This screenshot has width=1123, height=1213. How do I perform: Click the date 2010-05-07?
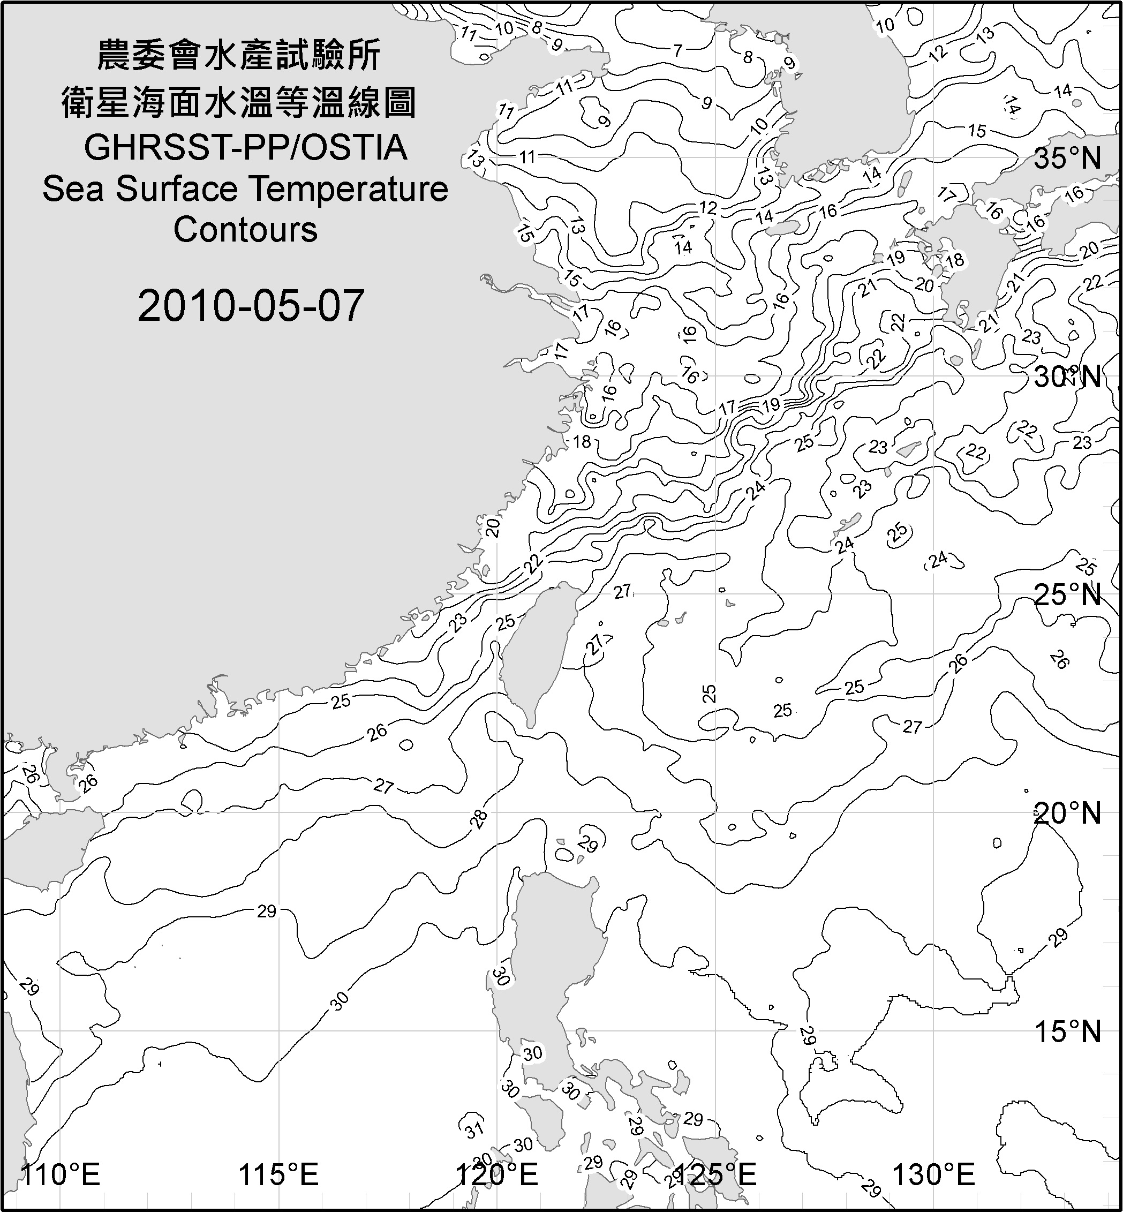click(x=251, y=306)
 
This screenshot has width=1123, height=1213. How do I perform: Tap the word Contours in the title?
click(x=245, y=230)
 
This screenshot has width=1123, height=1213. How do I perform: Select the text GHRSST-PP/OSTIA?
click(x=245, y=148)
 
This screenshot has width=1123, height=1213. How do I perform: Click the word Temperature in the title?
click(x=349, y=189)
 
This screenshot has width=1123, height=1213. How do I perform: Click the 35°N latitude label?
click(x=1068, y=159)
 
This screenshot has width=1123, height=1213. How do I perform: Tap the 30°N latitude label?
click(x=1068, y=378)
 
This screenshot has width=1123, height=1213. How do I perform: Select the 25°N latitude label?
click(x=1068, y=594)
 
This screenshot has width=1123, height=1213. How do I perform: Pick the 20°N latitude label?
click(x=1068, y=813)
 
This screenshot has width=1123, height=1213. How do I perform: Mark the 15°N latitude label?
click(x=1068, y=1031)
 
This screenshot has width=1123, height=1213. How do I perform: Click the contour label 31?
click(x=474, y=1128)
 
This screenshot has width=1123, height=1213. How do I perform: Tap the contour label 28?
click(x=479, y=819)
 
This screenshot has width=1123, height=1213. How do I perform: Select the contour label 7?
click(x=678, y=51)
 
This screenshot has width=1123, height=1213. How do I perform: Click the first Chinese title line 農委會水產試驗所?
click(x=239, y=56)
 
